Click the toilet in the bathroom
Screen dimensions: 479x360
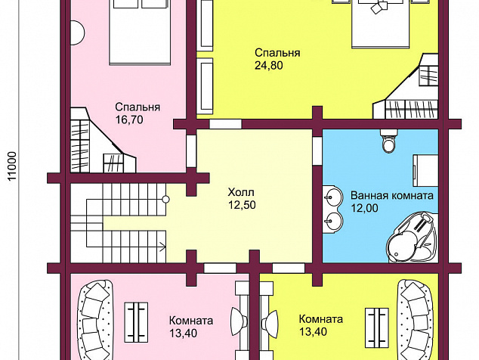[389, 141]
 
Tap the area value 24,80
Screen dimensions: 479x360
[269, 66]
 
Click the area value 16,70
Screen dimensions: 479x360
[129, 119]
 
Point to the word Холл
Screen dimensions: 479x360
[241, 192]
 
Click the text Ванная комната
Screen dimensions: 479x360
[392, 195]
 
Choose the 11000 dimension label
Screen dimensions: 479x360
[11, 166]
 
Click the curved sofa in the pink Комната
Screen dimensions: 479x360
[95, 320]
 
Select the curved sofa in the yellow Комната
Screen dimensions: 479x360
[415, 320]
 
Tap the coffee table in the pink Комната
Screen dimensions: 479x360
[136, 322]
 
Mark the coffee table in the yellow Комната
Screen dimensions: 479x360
[377, 327]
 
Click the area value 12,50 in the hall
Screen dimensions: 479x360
[242, 205]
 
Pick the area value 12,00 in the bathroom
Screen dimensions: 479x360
[364, 208]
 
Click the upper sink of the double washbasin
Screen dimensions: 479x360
[332, 197]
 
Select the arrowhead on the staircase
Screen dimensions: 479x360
[162, 246]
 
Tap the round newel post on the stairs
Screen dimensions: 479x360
[165, 200]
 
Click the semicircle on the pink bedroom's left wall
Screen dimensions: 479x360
[78, 33]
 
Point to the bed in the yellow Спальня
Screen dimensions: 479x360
[380, 24]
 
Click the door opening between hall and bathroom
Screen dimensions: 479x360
[317, 151]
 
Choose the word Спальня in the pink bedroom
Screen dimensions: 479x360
[138, 107]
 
